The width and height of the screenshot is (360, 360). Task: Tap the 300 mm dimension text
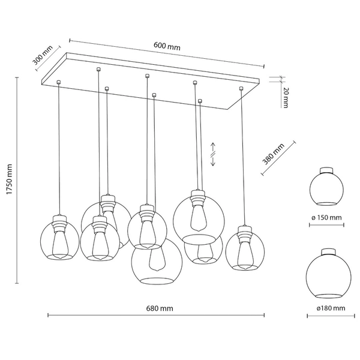point(43,54)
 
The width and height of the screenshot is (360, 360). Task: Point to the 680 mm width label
point(160,308)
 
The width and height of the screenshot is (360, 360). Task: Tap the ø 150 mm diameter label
point(325,217)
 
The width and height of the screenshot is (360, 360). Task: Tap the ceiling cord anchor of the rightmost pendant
point(241,89)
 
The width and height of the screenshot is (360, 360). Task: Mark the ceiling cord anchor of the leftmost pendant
point(58,82)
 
